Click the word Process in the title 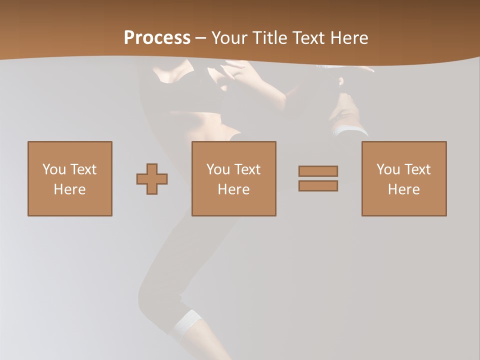click(x=157, y=38)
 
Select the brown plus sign click(x=152, y=179)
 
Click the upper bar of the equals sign click(x=318, y=171)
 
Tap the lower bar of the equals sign click(x=318, y=185)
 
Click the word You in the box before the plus click(x=53, y=169)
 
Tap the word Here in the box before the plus click(x=70, y=189)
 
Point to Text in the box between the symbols click(x=247, y=169)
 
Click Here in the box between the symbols click(x=234, y=189)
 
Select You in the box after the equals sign click(x=387, y=169)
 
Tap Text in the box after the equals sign click(x=417, y=169)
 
